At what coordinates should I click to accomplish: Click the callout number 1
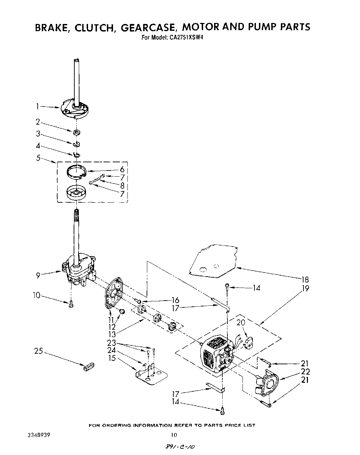tap(38, 106)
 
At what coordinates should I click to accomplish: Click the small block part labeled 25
tap(88, 367)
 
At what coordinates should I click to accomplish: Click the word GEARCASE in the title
tap(148, 27)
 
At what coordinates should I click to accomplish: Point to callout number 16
tap(175, 300)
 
